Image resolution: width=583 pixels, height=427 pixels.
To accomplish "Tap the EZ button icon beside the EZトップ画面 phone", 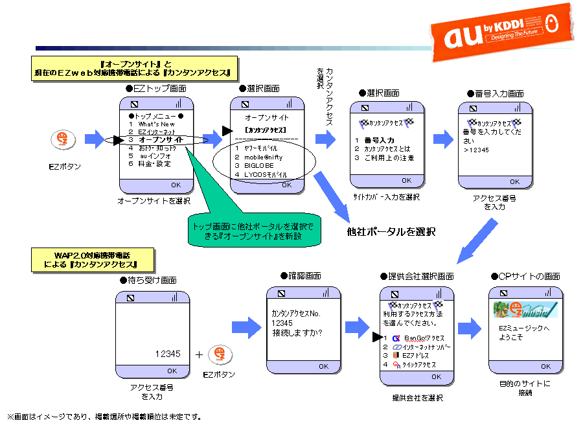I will (x=63, y=139).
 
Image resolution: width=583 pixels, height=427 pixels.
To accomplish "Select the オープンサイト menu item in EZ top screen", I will (x=161, y=139).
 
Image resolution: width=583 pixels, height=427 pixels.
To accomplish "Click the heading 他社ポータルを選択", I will (x=391, y=231).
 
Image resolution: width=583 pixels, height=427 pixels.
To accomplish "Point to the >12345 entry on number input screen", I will (x=476, y=150).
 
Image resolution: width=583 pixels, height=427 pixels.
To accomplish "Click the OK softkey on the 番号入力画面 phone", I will (x=514, y=181).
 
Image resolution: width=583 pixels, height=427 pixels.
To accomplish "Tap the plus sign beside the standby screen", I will (x=199, y=354).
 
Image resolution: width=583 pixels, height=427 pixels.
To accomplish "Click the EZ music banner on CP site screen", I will (x=525, y=310).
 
